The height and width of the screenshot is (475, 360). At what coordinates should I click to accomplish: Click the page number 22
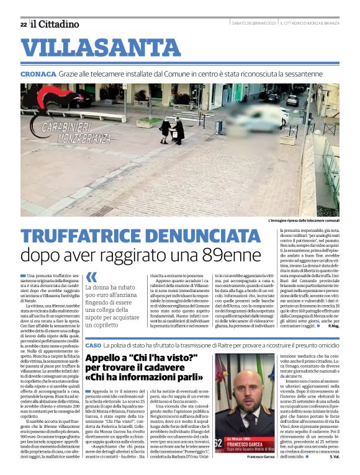point(23,24)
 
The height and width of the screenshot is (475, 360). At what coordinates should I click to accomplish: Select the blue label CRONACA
point(38,74)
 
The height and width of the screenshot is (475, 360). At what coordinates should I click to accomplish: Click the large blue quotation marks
point(91,277)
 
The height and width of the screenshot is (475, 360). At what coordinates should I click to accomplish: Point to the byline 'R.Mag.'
point(335,342)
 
